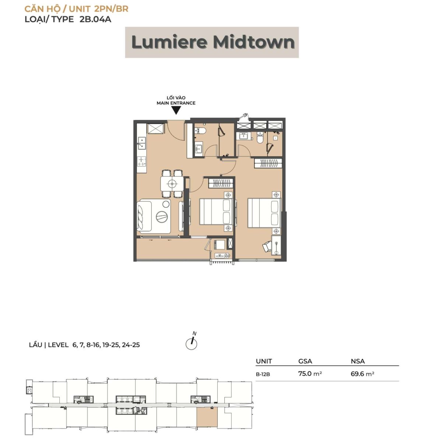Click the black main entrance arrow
coord(176,110)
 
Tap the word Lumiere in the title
coord(169,42)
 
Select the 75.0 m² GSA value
coord(310,373)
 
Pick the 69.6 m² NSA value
coord(362,373)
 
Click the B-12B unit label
coord(263,374)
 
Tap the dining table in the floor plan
coord(172,184)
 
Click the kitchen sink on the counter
coord(142,143)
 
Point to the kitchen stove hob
coord(141,161)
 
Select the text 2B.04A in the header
coord(95,19)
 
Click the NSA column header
coord(358,361)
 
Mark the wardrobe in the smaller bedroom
coord(221,183)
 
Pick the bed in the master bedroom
coord(264,213)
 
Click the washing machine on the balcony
coord(219,244)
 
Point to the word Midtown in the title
coord(254,42)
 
